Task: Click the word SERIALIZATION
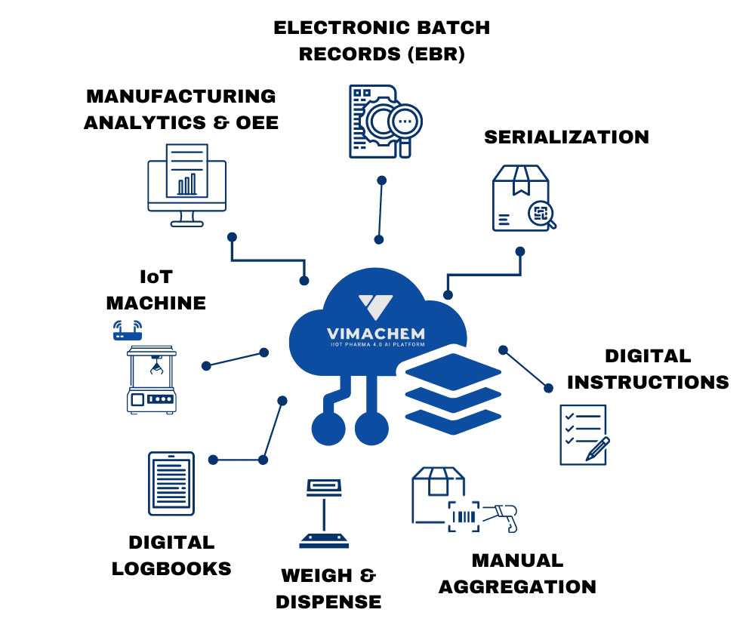pyautogui.click(x=566, y=137)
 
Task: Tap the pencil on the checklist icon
pyautogui.click(x=596, y=448)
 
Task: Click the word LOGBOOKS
pyautogui.click(x=171, y=568)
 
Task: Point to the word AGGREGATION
pyautogui.click(x=517, y=586)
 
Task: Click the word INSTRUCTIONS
pyautogui.click(x=648, y=382)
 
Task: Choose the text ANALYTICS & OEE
pyautogui.click(x=181, y=122)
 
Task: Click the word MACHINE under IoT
pyautogui.click(x=156, y=303)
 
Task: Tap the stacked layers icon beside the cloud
pyautogui.click(x=453, y=392)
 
